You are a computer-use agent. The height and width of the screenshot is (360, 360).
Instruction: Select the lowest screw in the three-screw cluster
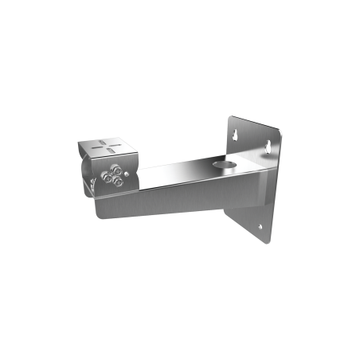[117, 182]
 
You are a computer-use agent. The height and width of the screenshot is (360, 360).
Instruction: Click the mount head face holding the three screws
[112, 178]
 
